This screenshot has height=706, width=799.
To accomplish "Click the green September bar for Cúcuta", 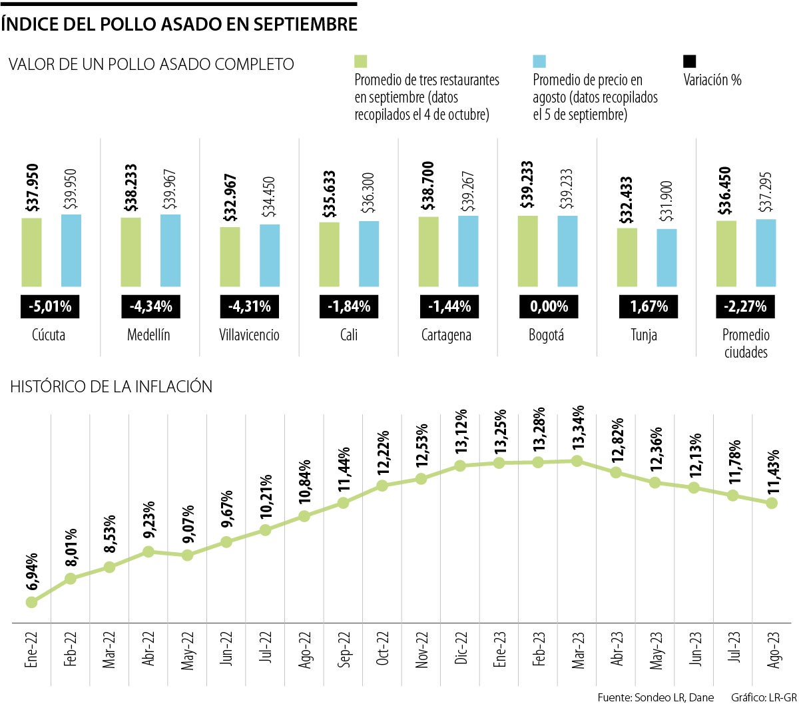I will [31, 252].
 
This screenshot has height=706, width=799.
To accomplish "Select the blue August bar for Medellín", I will [170, 250].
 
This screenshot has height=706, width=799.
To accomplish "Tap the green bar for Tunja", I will [627, 257].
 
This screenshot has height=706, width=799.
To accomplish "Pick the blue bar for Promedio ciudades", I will [766, 252].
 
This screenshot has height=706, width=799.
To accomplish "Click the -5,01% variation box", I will [50, 306].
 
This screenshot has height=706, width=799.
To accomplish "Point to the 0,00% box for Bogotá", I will [549, 306].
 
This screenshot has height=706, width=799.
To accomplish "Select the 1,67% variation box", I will [648, 306].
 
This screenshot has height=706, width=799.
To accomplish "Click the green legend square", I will [361, 61].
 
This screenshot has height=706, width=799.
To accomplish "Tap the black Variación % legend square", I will [690, 61].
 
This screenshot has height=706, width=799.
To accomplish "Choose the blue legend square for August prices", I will [539, 61].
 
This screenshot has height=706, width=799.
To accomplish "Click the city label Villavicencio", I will [249, 335].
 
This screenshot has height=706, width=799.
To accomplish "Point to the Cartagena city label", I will [446, 335].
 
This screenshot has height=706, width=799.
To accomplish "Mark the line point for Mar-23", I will [577, 461].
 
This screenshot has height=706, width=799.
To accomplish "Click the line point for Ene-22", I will [31, 602].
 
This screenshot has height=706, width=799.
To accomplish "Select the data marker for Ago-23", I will [772, 504].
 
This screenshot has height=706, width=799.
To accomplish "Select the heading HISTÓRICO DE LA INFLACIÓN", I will [111, 386].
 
